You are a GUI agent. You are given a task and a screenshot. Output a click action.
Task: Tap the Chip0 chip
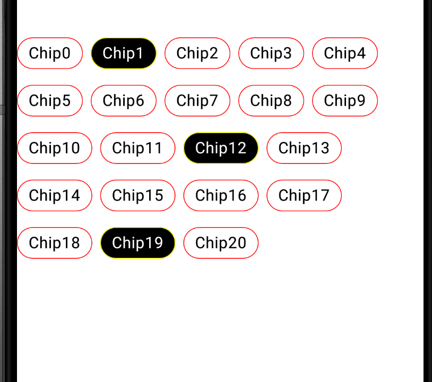coord(50,53)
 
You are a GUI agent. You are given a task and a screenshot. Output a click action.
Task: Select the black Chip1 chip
coord(124,53)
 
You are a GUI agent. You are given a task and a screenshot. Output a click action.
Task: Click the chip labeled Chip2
coord(197,53)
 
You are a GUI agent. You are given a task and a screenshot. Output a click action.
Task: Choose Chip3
coord(271,53)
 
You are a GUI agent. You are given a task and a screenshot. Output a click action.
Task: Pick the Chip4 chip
coord(345,53)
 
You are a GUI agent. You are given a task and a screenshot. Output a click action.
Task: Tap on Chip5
coord(50,100)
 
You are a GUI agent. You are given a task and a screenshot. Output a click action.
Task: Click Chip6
coord(124,100)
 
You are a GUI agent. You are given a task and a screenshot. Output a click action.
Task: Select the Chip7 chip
coord(197,100)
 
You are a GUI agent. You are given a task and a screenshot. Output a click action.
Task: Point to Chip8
coord(271,100)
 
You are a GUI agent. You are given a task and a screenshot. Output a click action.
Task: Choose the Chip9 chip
coord(345,100)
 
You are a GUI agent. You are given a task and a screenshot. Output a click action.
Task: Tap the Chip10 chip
coord(55,148)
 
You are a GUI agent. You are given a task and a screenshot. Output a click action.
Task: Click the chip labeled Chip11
coord(137,148)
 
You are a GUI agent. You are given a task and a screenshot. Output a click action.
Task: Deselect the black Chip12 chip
coord(221,148)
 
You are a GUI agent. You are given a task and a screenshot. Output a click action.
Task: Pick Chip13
coord(304,148)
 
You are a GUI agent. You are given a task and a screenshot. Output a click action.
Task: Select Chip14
coord(55,195)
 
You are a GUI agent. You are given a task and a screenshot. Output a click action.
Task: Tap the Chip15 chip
coord(137,195)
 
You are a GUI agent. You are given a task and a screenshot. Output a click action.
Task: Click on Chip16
coord(221,195)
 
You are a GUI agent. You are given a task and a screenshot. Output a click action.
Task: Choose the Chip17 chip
coord(304,195)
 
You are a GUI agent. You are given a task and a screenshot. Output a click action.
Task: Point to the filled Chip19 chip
coord(137,243)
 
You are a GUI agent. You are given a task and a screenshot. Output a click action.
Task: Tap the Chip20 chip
coord(221,243)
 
